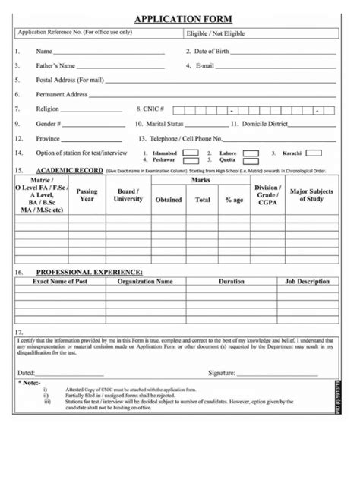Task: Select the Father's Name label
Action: click(56, 65)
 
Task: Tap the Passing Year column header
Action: click(87, 195)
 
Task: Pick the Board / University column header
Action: click(128, 195)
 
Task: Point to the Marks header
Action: click(201, 182)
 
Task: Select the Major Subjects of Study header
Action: click(312, 195)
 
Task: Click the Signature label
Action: click(221, 373)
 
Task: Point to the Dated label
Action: click(27, 373)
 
